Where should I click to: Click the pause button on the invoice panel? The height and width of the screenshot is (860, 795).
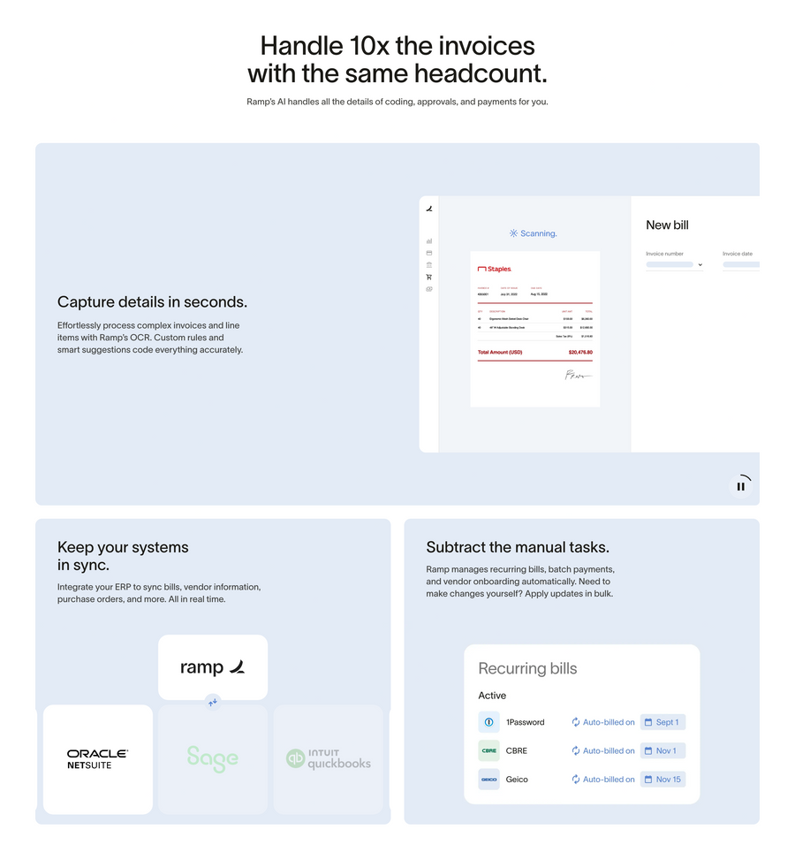tap(741, 486)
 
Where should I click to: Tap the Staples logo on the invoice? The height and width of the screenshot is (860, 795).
tap(495, 269)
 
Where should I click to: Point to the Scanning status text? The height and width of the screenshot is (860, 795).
tap(534, 233)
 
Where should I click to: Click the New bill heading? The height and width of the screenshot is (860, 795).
tap(667, 225)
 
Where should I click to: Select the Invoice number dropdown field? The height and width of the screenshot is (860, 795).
tap(674, 264)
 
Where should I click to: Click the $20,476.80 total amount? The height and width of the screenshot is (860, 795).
tap(580, 352)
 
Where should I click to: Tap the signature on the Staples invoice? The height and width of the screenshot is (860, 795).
tap(578, 376)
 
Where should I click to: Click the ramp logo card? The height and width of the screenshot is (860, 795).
tap(212, 667)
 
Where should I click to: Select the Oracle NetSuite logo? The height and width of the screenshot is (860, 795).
tap(98, 759)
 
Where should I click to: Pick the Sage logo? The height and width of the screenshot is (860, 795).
tap(212, 758)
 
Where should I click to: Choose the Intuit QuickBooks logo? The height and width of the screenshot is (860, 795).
tap(329, 759)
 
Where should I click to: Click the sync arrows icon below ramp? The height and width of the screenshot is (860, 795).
tap(213, 702)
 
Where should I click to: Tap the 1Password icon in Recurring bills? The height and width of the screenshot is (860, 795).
tap(488, 722)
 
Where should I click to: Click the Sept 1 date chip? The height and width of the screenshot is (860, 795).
tap(662, 722)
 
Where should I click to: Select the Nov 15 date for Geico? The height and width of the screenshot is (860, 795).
tap(662, 780)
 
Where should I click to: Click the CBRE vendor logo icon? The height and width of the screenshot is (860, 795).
tap(488, 750)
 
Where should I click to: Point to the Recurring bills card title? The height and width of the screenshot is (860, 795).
tap(527, 669)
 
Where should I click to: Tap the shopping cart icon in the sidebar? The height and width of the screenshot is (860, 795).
tap(429, 277)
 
